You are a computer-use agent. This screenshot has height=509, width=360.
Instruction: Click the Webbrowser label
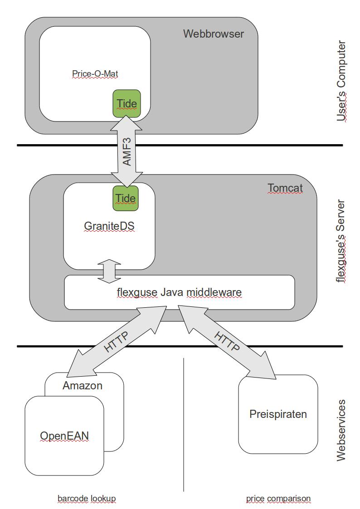click(x=213, y=34)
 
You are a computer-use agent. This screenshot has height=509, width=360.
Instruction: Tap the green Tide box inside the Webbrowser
click(x=126, y=103)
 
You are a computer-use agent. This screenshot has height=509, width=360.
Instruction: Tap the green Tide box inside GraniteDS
click(x=126, y=199)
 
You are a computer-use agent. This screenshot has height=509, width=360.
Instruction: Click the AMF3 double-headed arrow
click(x=127, y=152)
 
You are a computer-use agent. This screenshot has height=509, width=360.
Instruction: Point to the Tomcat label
click(x=285, y=188)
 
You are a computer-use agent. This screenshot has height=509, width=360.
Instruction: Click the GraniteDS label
click(x=109, y=225)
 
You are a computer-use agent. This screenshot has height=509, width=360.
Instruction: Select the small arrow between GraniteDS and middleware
click(x=110, y=270)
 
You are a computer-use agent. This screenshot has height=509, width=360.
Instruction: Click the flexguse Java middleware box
click(x=179, y=292)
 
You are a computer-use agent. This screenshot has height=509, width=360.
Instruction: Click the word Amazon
click(x=83, y=386)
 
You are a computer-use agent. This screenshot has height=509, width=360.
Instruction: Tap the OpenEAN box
click(x=64, y=436)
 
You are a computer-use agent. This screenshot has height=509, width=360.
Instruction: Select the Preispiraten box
click(x=278, y=414)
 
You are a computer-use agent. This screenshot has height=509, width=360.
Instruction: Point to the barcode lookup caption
click(x=87, y=499)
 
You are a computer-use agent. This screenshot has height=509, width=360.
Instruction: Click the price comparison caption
click(x=278, y=499)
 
